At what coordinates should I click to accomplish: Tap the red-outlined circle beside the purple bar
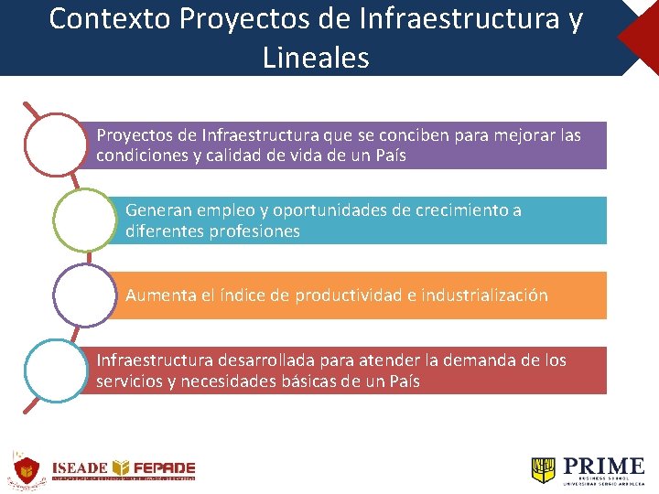pyautogui.click(x=54, y=145)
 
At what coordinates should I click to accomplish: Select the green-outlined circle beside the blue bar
pyautogui.click(x=83, y=220)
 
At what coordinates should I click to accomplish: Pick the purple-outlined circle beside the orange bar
pyautogui.click(x=83, y=295)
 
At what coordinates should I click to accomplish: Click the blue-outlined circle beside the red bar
pyautogui.click(x=54, y=370)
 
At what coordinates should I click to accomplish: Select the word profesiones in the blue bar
pyautogui.click(x=254, y=231)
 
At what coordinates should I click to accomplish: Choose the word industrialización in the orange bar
pyautogui.click(x=484, y=295)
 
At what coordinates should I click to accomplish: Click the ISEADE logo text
pyautogui.click(x=80, y=467)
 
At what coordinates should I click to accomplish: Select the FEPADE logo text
pyautogui.click(x=162, y=467)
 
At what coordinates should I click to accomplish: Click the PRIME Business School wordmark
pyautogui.click(x=604, y=469)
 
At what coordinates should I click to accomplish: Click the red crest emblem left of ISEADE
pyautogui.click(x=26, y=470)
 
